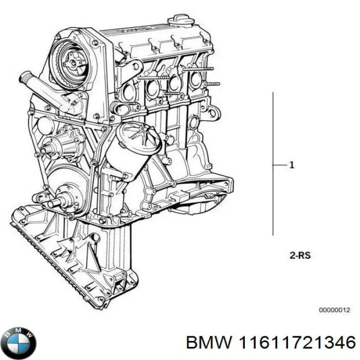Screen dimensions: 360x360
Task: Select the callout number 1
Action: coord(292,165)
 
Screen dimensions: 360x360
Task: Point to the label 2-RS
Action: coord(300,255)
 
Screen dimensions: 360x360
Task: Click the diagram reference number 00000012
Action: coord(335,296)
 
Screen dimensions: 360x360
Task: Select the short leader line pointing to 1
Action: coord(279,165)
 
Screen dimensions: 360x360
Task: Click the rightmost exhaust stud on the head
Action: coord(212,83)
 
